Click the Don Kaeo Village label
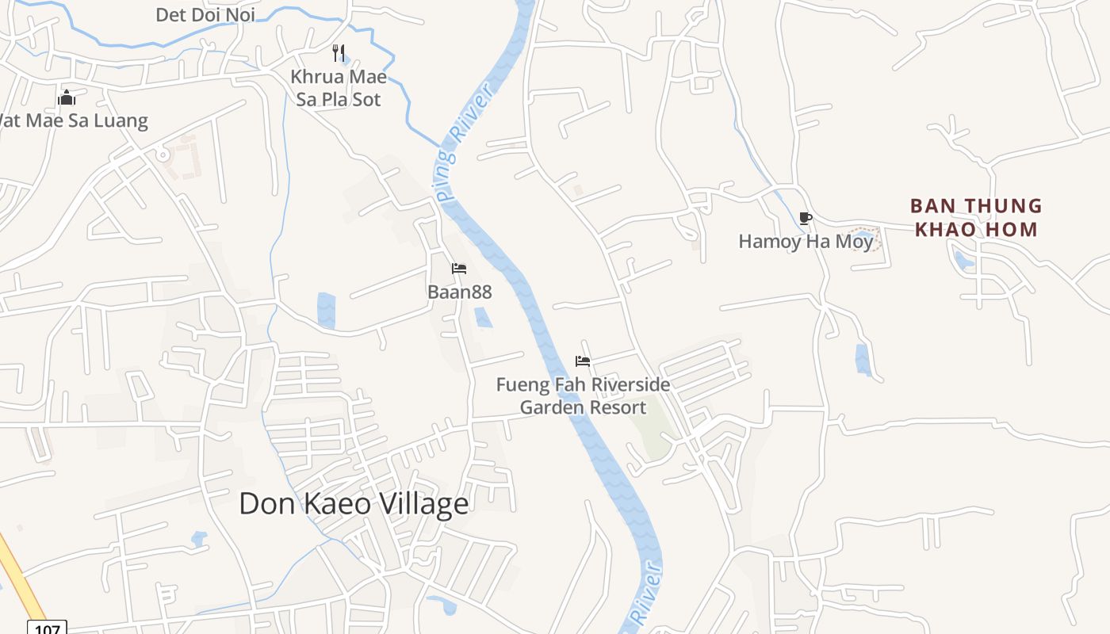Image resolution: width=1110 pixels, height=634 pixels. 354,504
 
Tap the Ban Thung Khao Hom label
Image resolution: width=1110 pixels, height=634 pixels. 976,218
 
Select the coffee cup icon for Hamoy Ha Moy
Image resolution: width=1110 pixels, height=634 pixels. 806,218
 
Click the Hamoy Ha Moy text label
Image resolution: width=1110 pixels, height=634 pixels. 806,241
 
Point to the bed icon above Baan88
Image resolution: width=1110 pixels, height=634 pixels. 459,269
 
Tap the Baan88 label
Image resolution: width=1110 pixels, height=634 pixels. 459,292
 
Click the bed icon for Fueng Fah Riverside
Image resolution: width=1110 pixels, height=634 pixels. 583,361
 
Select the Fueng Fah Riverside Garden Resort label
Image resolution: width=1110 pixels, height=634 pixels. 583,395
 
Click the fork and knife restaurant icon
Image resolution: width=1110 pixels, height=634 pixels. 339,53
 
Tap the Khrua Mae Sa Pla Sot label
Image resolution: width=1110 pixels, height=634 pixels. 339,88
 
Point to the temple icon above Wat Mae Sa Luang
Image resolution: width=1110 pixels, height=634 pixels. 67,97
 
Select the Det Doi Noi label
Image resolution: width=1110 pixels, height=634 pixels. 205,14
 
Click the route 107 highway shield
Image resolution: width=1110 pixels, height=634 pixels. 47,628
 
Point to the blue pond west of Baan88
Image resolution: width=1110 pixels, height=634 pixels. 326,310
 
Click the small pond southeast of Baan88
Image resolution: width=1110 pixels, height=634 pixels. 483,317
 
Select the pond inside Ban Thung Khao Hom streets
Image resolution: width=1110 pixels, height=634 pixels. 963,259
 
